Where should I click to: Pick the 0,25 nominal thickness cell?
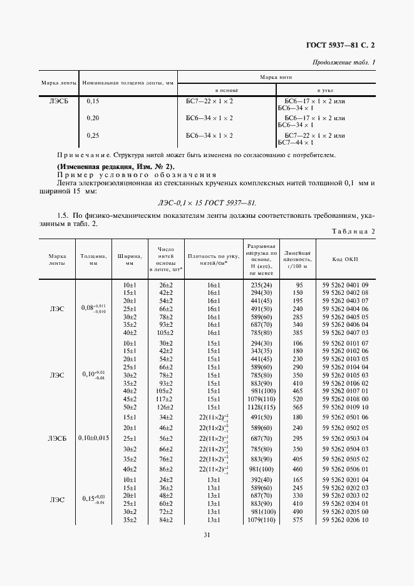(x=93, y=135)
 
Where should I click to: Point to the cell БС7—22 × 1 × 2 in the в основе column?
(x=210, y=101)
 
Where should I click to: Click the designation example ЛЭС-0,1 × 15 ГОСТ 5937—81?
(x=207, y=202)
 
